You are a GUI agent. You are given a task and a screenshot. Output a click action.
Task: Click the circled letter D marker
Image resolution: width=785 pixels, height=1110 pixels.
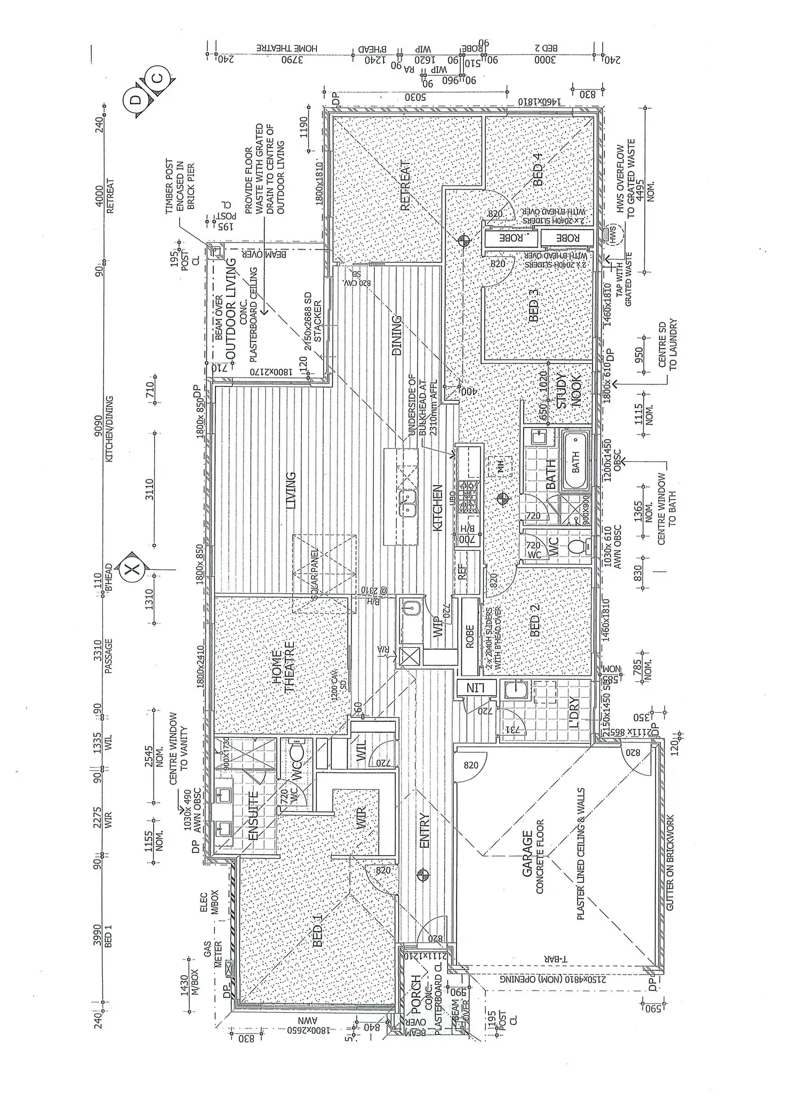coord(135,99)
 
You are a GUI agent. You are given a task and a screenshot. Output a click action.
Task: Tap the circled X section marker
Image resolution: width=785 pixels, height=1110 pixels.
coord(132,569)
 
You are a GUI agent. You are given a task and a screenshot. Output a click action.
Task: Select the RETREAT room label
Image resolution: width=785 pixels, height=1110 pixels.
coord(405,186)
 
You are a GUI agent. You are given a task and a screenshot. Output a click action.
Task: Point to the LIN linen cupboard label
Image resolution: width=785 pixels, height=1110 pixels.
coord(474,688)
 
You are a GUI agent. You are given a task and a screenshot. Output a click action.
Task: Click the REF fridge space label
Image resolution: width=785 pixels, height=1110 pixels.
coord(462,572)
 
